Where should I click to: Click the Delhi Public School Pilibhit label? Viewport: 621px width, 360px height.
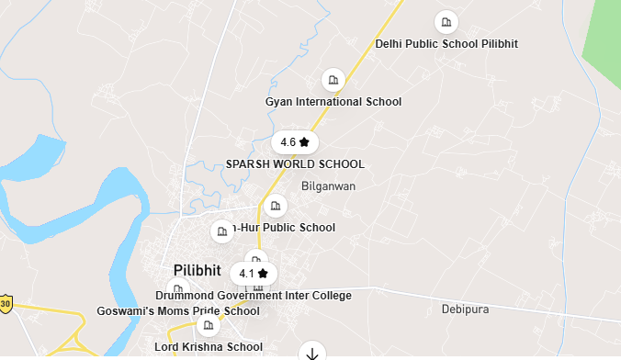point(446,44)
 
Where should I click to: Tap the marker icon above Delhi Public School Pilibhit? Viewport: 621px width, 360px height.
point(446,21)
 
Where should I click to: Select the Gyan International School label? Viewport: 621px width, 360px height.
point(333,102)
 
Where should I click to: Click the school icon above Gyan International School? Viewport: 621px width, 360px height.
point(333,80)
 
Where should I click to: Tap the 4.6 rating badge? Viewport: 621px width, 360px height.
point(295,142)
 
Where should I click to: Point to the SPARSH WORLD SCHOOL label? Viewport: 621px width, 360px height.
point(295,164)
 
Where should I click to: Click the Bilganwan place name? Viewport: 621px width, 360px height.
point(328,186)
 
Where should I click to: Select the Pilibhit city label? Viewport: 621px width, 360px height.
point(198,271)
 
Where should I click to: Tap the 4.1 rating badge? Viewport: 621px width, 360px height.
point(254,274)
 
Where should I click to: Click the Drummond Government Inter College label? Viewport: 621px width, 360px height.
point(254,296)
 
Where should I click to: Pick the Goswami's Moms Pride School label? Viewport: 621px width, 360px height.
point(178,311)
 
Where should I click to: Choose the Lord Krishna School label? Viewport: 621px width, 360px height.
point(209,347)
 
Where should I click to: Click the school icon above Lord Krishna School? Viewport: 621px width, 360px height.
point(209,325)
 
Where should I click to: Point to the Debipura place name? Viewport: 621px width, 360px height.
point(465,309)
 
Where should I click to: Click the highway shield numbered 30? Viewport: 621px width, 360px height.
point(6,304)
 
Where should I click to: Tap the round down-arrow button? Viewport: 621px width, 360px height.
point(312,353)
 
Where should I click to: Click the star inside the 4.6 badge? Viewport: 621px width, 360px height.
point(304,142)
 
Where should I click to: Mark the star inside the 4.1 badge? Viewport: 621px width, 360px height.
point(263,274)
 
